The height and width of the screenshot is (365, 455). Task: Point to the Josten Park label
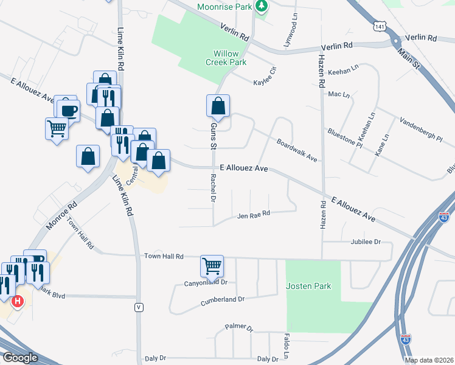pyautogui.click(x=309, y=285)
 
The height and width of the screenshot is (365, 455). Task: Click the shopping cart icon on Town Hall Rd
pyautogui.click(x=212, y=265)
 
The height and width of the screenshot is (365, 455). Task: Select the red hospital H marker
pyautogui.click(x=18, y=301)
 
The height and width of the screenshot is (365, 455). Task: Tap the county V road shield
pyautogui.click(x=139, y=307)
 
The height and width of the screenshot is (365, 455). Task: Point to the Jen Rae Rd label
pyautogui.click(x=253, y=215)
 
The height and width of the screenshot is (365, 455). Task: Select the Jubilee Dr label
pyautogui.click(x=365, y=242)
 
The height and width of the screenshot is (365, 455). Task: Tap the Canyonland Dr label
pyautogui.click(x=206, y=282)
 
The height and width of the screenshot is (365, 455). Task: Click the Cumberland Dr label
pyautogui.click(x=224, y=299)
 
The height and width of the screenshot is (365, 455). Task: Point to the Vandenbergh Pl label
pyautogui.click(x=421, y=130)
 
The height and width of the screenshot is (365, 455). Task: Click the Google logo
pyautogui.click(x=20, y=358)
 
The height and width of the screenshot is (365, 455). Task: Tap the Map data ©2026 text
pyautogui.click(x=429, y=360)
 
